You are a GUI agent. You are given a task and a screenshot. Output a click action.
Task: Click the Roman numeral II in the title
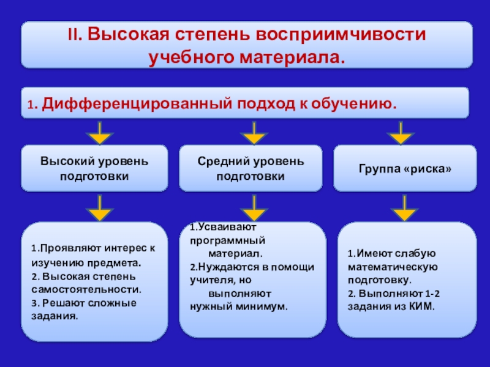(x=72, y=35)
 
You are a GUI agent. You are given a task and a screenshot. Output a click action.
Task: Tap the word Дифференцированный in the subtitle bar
(x=132, y=103)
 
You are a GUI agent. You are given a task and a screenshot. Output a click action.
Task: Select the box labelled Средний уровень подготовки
(x=250, y=168)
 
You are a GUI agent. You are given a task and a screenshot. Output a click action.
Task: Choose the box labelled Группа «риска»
(x=404, y=168)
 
